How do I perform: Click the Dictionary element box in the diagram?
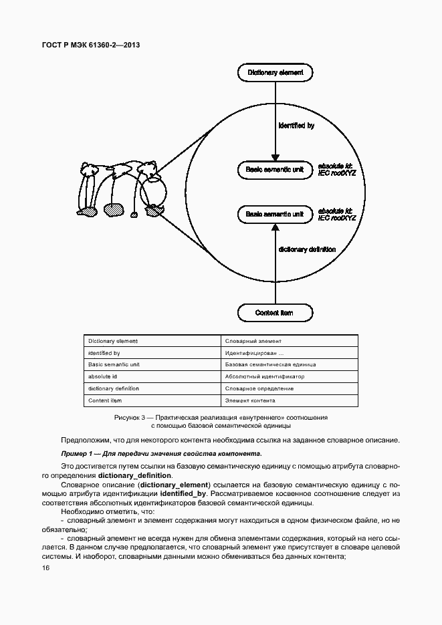tap(275, 72)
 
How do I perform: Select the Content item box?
tap(274, 312)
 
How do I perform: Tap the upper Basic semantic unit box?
tap(274, 170)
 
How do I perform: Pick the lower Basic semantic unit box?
tap(274, 215)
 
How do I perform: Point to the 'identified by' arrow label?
tap(296, 125)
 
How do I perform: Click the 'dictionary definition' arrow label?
tap(307, 249)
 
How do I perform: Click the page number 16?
tap(45, 568)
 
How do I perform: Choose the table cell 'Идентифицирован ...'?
tap(255, 352)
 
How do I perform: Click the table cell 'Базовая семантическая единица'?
tap(270, 364)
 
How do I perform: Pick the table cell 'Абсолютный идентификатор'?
tap(265, 376)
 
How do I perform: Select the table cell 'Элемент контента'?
tap(251, 400)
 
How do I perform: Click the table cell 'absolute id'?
tap(103, 376)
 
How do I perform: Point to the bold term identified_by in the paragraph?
tap(183, 493)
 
